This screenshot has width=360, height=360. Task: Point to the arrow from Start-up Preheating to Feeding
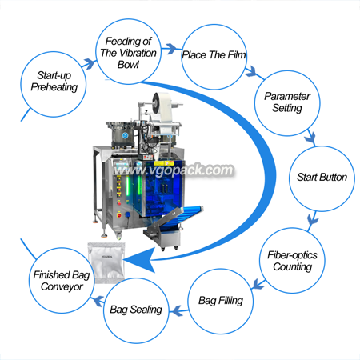[89, 64]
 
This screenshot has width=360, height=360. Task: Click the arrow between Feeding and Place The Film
[169, 49]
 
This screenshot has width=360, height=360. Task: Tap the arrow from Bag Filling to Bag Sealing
[179, 310]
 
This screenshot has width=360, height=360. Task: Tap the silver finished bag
[106, 262]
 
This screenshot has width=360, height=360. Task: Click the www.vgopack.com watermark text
[174, 170]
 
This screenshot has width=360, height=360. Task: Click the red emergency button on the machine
[119, 214]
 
